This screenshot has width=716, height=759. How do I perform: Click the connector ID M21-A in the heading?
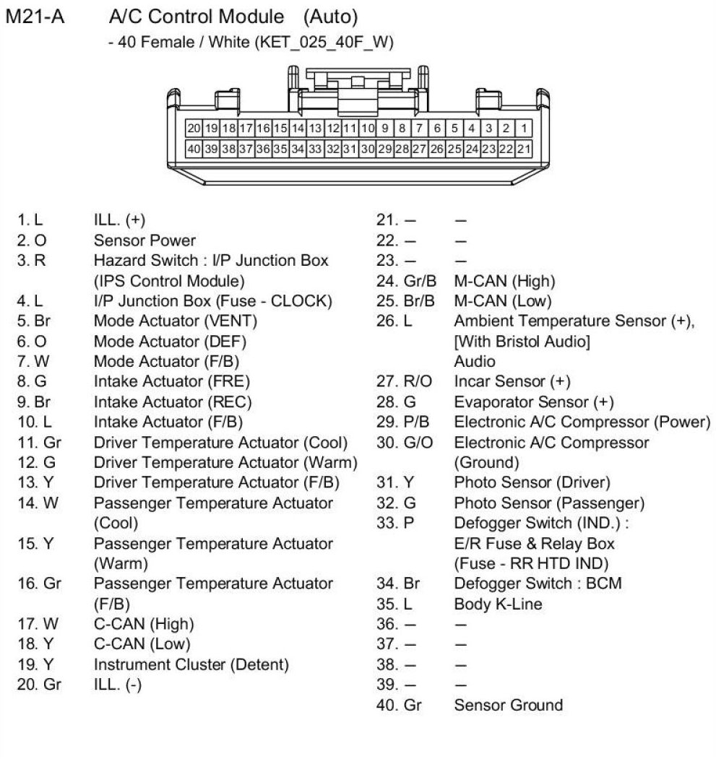pyautogui.click(x=35, y=15)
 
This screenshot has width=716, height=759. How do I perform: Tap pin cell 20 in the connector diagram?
pyautogui.click(x=193, y=129)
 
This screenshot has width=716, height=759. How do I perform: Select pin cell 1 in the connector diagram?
pyautogui.click(x=524, y=129)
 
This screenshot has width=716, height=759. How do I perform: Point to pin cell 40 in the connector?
pyautogui.click(x=193, y=149)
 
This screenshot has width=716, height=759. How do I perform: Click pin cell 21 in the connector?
pyautogui.click(x=524, y=149)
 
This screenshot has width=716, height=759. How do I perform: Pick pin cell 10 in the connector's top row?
pyautogui.click(x=367, y=129)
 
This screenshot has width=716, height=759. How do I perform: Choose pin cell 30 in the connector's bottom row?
pyautogui.click(x=367, y=149)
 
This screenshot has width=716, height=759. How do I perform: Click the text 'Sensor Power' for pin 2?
pyautogui.click(x=145, y=240)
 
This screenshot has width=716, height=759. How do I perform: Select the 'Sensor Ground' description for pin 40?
pyautogui.click(x=508, y=705)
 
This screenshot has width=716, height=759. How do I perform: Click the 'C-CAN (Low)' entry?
pyautogui.click(x=142, y=643)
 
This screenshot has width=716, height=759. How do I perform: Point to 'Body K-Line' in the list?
pyautogui.click(x=498, y=604)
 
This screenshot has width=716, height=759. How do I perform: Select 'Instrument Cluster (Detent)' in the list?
pyautogui.click(x=191, y=664)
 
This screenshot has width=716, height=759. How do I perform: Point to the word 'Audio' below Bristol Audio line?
pyautogui.click(x=475, y=361)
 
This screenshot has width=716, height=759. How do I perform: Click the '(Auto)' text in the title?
pyautogui.click(x=330, y=15)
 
